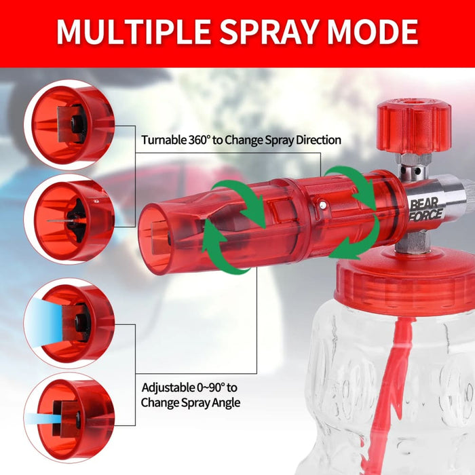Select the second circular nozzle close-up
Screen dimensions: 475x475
click(69, 218)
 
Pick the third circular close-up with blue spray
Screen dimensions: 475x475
click(69, 322)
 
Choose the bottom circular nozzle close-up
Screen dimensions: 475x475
click(69, 415)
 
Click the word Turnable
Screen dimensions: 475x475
click(164, 140)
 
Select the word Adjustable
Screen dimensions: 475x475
click(166, 388)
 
